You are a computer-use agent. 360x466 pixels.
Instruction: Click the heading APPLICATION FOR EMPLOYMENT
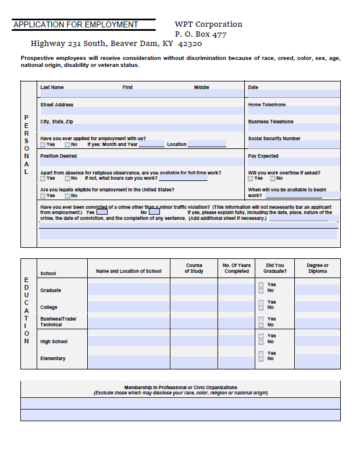pyautogui.click(x=76, y=25)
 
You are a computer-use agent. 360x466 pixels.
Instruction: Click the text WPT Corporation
pyautogui.click(x=208, y=24)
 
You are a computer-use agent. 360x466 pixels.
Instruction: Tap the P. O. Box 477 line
pyautogui.click(x=201, y=34)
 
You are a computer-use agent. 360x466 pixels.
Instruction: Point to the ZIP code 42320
pyautogui.click(x=190, y=44)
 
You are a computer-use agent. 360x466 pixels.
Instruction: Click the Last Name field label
pyautogui.click(x=52, y=88)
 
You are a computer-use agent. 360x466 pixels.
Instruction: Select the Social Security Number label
pyautogui.click(x=274, y=139)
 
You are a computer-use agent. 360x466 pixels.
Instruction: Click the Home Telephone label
pyautogui.click(x=266, y=105)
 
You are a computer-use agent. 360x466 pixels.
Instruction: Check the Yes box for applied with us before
pyautogui.click(x=43, y=145)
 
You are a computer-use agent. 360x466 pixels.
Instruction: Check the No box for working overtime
pyautogui.click(x=272, y=179)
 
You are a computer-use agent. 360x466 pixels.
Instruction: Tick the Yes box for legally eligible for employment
pyautogui.click(x=43, y=196)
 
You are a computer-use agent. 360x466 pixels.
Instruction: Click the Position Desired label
pyautogui.click(x=58, y=156)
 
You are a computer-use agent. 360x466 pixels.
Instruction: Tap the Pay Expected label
pyautogui.click(x=263, y=156)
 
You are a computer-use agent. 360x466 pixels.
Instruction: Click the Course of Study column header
pyautogui.click(x=194, y=268)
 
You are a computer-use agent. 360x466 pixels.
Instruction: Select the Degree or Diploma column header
pyautogui.click(x=318, y=268)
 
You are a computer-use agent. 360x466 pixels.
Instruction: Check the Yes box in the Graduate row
pyautogui.click(x=261, y=285)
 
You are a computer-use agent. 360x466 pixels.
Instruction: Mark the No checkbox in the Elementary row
pyautogui.click(x=261, y=359)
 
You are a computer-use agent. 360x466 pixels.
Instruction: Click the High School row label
pyautogui.click(x=54, y=342)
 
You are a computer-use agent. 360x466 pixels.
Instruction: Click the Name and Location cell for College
pyautogui.click(x=129, y=307)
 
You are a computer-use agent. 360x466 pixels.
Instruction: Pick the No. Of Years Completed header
pyautogui.click(x=236, y=268)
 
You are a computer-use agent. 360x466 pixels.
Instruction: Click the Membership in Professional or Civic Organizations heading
pyautogui.click(x=180, y=387)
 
